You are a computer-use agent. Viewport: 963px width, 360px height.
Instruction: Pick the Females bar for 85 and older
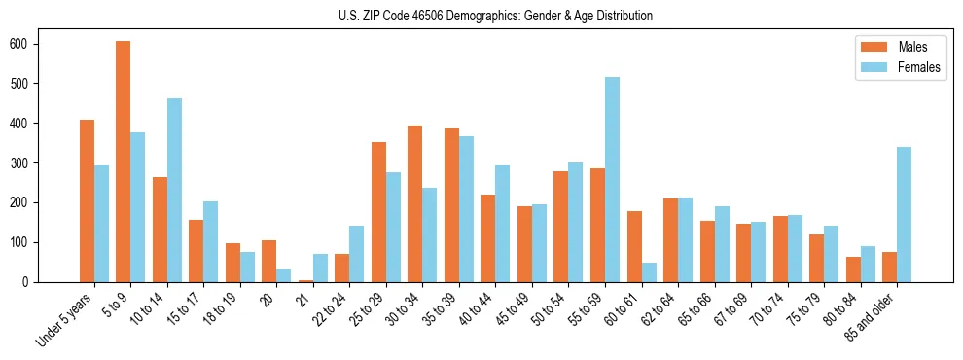tap(904, 214)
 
